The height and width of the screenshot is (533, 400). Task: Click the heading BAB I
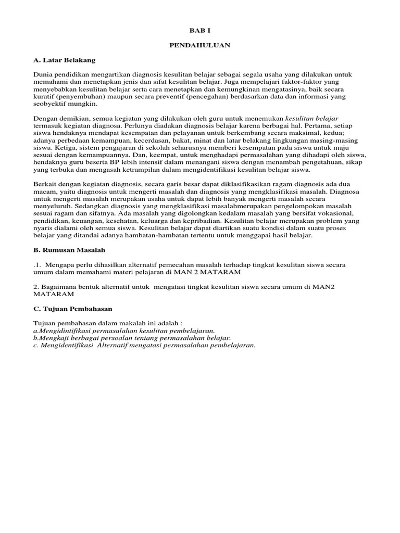(200, 31)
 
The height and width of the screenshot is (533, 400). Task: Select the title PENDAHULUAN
(200, 46)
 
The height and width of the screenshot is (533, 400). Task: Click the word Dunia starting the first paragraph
(43, 75)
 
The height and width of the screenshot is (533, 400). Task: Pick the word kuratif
(44, 97)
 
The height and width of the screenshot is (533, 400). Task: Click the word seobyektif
(50, 104)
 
